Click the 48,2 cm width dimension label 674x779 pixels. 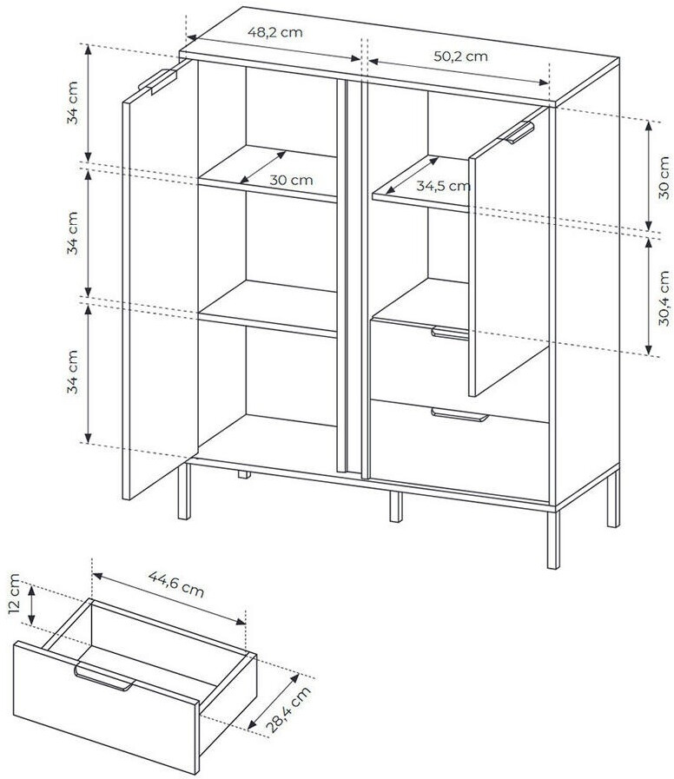pos(274,33)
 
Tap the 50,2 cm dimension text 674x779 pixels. pos(460,56)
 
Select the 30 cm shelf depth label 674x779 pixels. pos(291,180)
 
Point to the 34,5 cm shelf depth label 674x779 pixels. pos(443,187)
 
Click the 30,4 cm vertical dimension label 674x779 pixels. pos(664,298)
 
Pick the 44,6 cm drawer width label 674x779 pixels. pos(176,584)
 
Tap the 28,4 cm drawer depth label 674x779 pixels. pos(288,710)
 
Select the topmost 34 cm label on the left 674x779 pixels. pos(73,102)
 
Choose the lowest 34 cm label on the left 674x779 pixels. pos(73,372)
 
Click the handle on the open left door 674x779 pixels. pos(157,82)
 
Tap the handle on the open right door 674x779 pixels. pos(519,133)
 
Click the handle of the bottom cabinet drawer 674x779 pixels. pos(459,415)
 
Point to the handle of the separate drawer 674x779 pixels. pos(104,677)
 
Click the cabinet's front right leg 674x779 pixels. pos(552,538)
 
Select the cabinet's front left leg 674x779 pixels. pos(184,492)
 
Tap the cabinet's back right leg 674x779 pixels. pos(613,498)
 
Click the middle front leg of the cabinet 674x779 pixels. pos(396,507)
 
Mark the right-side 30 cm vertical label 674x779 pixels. pos(664,177)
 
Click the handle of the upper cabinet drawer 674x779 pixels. pos(450,333)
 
